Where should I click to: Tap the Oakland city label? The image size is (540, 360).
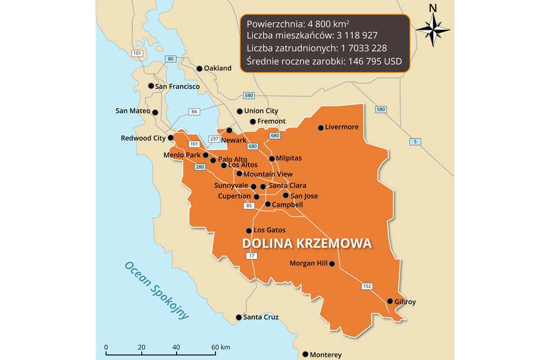pyautogui.click(x=218, y=68)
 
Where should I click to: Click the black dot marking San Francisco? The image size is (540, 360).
pyautogui.click(x=151, y=86)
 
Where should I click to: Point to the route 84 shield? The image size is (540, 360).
pyautogui.click(x=194, y=111)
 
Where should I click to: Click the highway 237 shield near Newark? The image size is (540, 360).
pyautogui.click(x=214, y=139)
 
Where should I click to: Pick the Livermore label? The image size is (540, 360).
pyautogui.click(x=341, y=127)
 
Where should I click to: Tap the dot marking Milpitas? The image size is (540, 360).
pyautogui.click(x=272, y=159)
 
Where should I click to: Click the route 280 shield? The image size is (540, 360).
pyautogui.click(x=200, y=167)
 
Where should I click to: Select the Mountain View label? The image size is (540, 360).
pyautogui.click(x=268, y=174)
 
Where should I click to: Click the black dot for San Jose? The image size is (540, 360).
pyautogui.click(x=286, y=196)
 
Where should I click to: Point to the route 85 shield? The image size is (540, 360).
pyautogui.click(x=249, y=206)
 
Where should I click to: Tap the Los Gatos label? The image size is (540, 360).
pyautogui.click(x=269, y=230)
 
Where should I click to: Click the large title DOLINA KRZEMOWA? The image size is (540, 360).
pyautogui.click(x=307, y=244)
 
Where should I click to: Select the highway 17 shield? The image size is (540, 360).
pyautogui.click(x=251, y=256)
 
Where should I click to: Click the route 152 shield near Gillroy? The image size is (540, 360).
pyautogui.click(x=367, y=286)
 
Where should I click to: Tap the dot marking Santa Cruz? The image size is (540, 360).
pyautogui.click(x=238, y=318)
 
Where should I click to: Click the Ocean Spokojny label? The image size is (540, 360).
pyautogui.click(x=156, y=290)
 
